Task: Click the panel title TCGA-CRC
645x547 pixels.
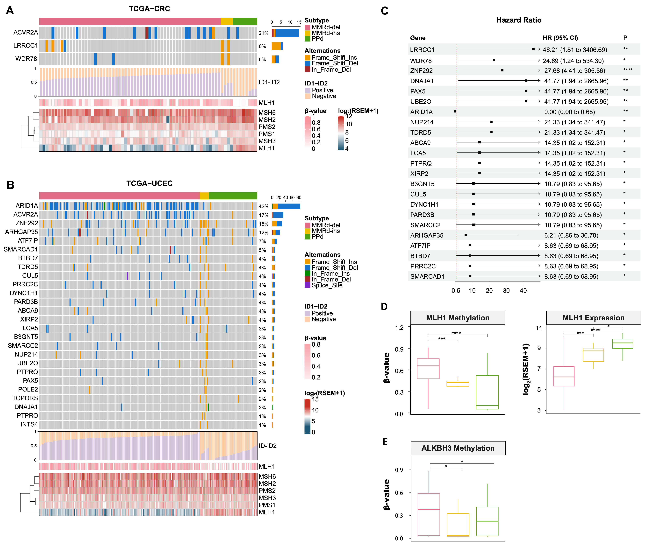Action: (149, 9)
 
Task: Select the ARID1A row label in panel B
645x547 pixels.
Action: (27, 206)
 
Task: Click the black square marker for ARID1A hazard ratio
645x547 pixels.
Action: (455, 111)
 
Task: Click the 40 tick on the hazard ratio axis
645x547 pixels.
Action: (523, 291)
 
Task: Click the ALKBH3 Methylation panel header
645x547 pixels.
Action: (458, 448)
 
